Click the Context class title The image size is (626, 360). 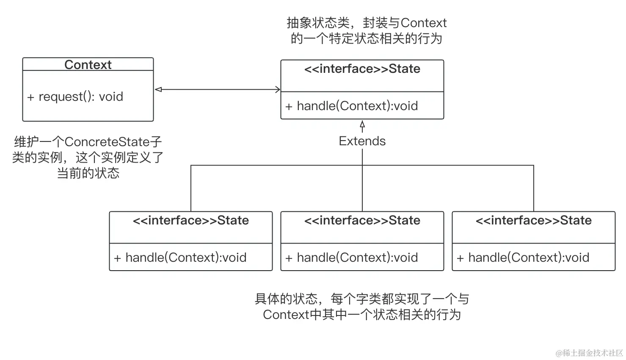(88, 65)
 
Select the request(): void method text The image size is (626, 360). (80, 97)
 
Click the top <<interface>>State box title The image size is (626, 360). (362, 69)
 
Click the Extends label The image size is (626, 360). (362, 141)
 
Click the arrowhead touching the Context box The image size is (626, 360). (159, 89)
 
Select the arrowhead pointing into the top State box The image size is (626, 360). (278, 89)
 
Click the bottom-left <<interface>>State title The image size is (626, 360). (190, 221)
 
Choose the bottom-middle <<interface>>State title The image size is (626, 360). (362, 221)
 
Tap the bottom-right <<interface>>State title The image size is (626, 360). (533, 221)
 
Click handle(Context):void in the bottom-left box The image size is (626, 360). (185, 258)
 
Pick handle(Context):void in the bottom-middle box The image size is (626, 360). (357, 258)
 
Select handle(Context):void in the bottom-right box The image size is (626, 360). (528, 258)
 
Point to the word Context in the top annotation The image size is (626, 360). (423, 23)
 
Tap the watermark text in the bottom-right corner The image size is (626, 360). (589, 353)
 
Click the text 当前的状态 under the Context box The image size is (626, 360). (88, 173)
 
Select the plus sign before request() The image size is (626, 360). (30, 97)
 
